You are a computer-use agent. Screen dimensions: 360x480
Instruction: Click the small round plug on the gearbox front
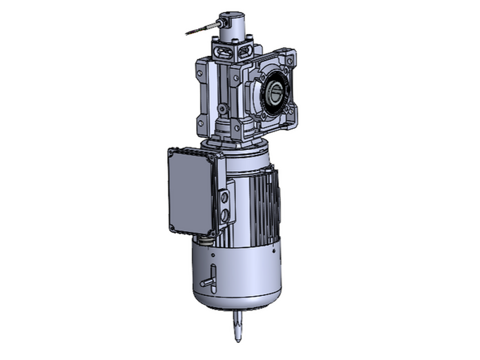(222, 108)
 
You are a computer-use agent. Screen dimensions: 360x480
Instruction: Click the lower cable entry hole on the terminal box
(225, 216)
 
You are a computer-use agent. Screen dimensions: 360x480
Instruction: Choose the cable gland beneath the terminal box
(206, 237)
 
